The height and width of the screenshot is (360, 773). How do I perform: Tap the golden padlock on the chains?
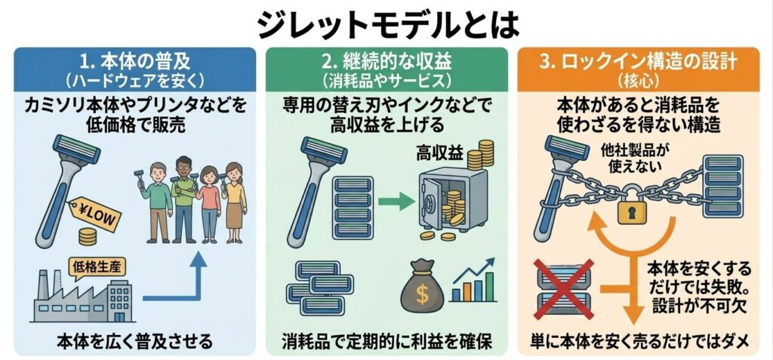(x=636, y=210)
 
